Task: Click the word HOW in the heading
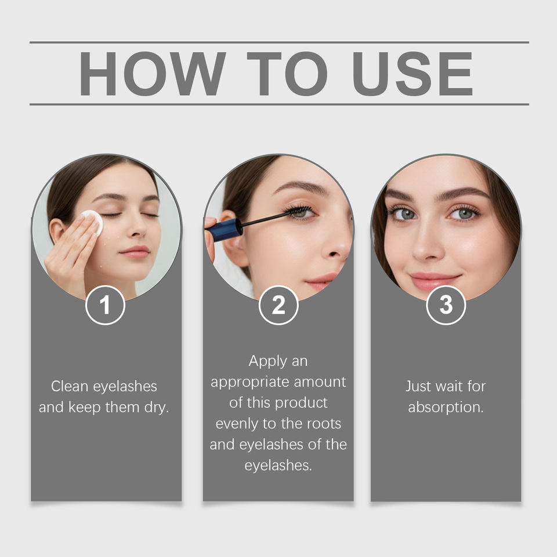[x=153, y=74]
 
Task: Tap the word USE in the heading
[x=413, y=74]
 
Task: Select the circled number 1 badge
[x=105, y=305]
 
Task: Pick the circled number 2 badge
[x=278, y=305]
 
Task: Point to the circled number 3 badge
[x=446, y=305]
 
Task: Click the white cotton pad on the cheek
[x=93, y=222]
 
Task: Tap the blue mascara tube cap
[x=224, y=230]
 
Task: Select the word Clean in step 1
[x=69, y=386]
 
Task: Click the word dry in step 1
[x=156, y=407]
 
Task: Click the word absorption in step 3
[x=446, y=408]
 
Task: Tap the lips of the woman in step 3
[x=435, y=280]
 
